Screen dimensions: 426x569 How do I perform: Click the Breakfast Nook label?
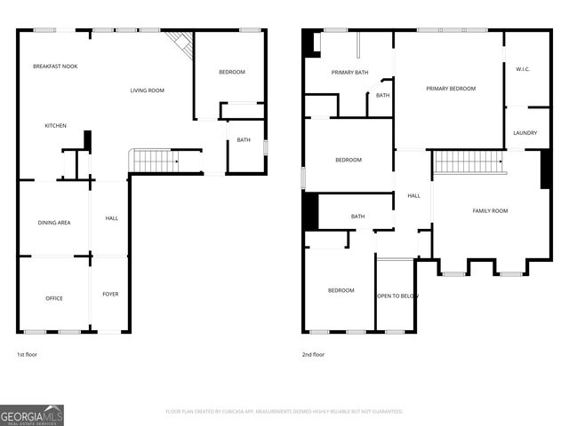(55, 67)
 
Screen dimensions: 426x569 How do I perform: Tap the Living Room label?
(148, 91)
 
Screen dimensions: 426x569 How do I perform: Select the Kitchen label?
(56, 126)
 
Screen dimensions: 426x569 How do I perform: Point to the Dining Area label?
(54, 222)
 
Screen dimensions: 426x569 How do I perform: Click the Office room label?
(54, 298)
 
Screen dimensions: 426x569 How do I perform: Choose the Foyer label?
(110, 294)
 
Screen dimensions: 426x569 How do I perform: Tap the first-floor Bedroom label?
(231, 72)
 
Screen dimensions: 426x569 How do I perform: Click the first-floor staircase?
(154, 162)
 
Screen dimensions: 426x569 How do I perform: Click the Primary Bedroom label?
(450, 89)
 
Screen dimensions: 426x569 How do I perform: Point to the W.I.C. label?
(523, 68)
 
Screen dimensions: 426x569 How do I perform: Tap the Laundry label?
(525, 133)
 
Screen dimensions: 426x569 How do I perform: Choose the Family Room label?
(490, 210)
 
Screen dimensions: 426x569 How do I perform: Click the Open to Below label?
(397, 296)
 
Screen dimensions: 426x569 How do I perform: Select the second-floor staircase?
(469, 162)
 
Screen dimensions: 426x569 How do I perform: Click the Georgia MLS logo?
(32, 414)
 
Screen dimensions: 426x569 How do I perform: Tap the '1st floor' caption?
(27, 354)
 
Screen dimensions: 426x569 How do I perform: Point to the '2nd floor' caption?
(313, 354)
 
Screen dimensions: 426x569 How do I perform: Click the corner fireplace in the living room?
(180, 43)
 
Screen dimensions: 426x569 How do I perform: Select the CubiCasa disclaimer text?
(284, 412)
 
